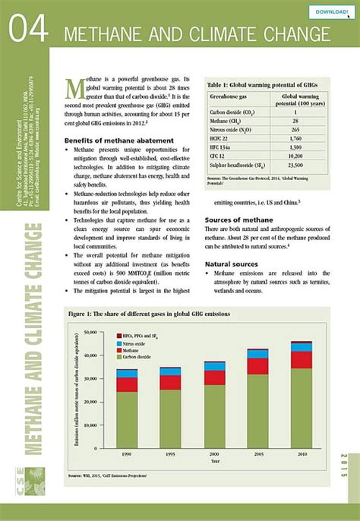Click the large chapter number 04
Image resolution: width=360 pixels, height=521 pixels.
pos(29,30)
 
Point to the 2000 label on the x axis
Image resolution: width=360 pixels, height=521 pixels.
pos(216,453)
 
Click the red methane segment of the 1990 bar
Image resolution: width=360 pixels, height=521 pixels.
pos(127,384)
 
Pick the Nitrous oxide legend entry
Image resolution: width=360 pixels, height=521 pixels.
pos(142,343)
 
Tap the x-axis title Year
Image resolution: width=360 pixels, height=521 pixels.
pos(216,461)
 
